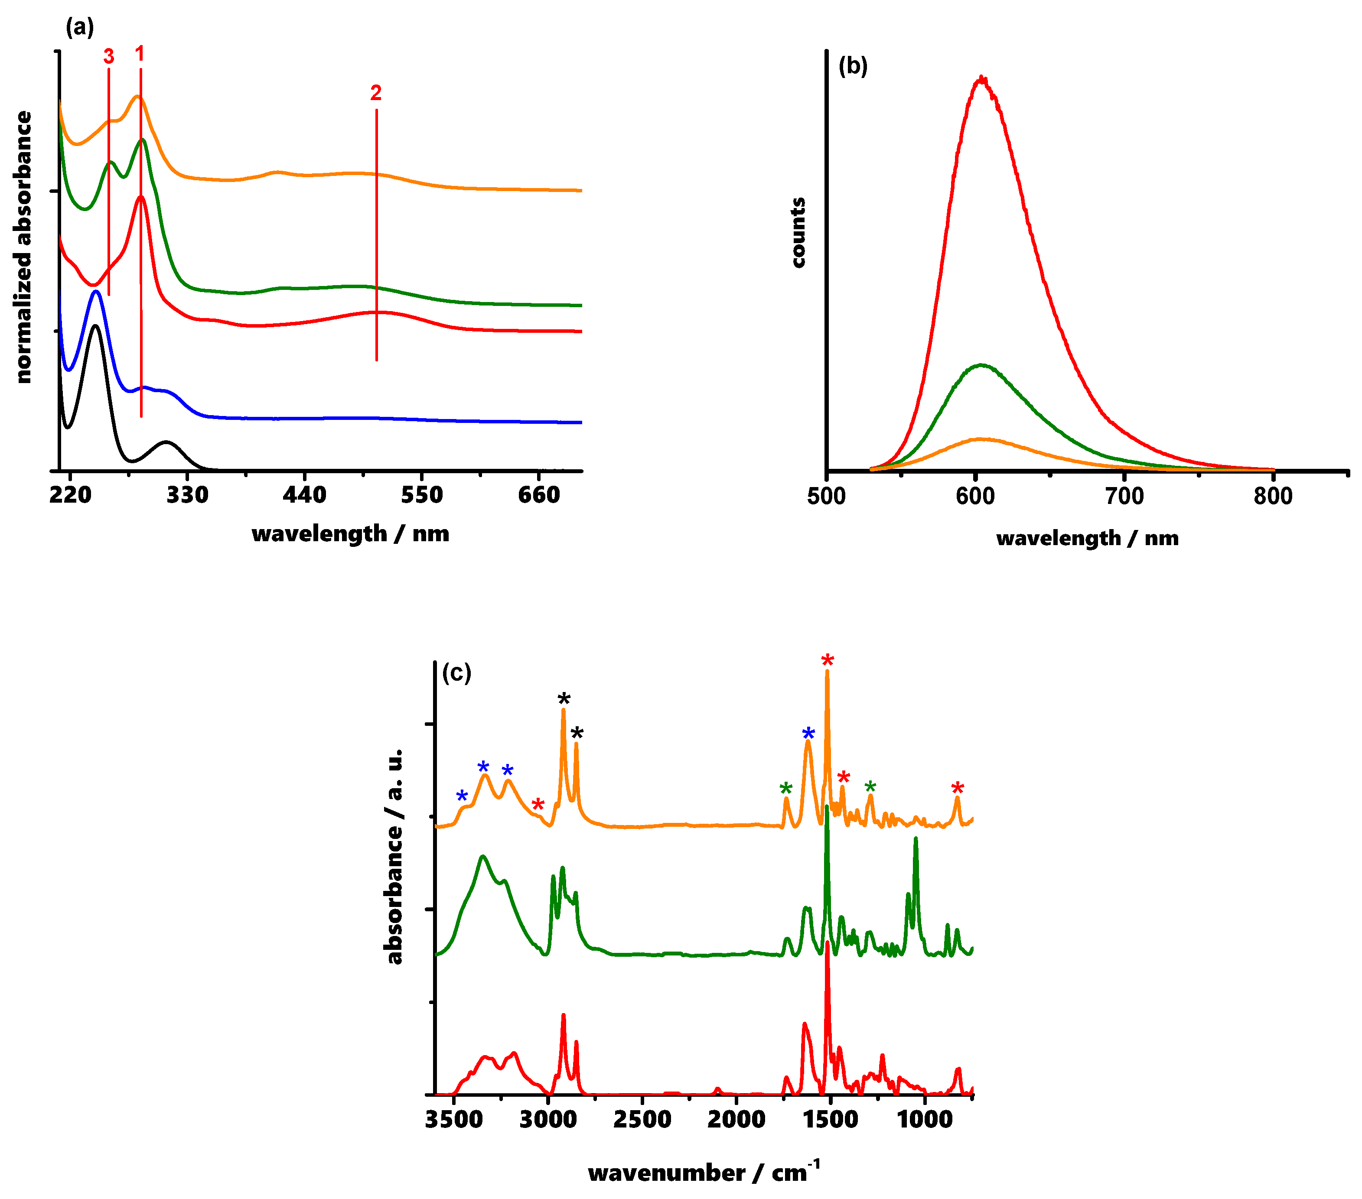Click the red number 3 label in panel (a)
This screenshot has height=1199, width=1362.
tap(109, 57)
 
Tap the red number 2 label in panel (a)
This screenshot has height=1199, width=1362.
tap(376, 93)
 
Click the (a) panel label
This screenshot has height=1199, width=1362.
tap(79, 27)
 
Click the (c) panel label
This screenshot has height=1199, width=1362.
tap(456, 673)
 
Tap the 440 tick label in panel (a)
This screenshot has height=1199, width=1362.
tap(304, 495)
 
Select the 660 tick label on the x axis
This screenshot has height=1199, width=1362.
tap(539, 495)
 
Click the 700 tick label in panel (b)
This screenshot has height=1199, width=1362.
tap(1124, 496)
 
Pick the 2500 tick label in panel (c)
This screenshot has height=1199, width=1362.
tap(642, 1120)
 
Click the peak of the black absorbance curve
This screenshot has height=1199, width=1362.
tap(95, 326)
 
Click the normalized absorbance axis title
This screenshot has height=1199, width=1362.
tap(24, 247)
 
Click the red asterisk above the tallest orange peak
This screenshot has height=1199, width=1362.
tap(828, 661)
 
